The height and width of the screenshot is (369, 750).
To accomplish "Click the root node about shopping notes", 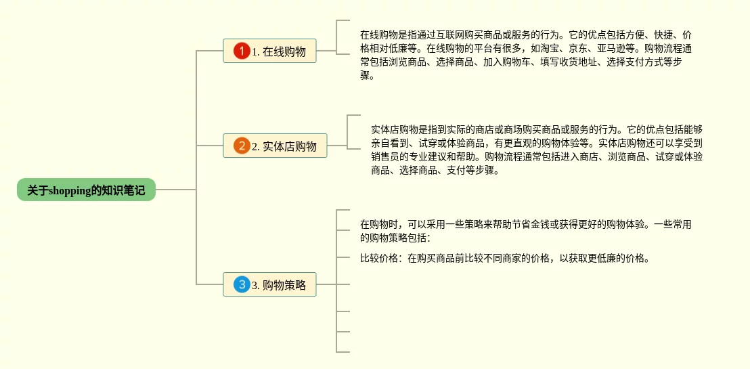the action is coord(86,190).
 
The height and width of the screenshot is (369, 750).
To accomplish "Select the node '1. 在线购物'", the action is coord(269,51).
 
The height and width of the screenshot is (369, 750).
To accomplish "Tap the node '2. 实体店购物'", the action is coord(275,146).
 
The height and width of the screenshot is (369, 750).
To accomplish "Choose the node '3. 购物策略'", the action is coord(269,285).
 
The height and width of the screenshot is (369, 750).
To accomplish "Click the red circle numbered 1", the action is coord(242,51).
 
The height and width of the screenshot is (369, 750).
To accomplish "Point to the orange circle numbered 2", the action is coord(242,146).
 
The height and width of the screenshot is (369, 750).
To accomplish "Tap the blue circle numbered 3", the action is coord(242,285).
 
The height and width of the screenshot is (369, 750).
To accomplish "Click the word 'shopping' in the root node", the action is coord(70,190).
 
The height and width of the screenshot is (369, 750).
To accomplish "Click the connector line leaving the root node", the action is coord(176,190).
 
